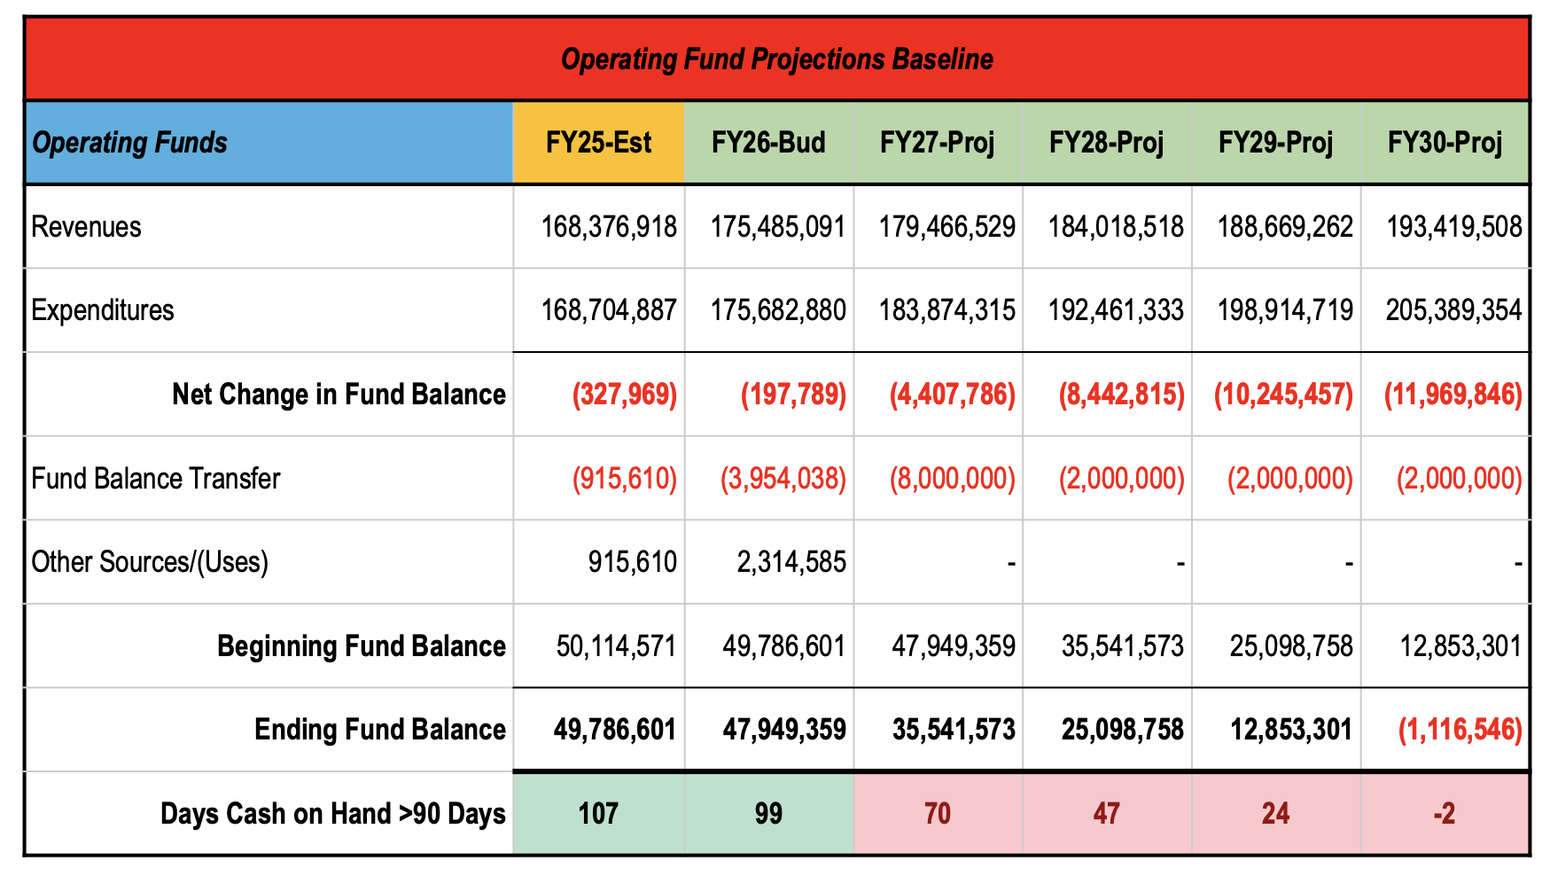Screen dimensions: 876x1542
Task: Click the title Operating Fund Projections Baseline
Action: tap(776, 59)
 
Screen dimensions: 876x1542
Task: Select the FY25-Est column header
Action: tap(598, 143)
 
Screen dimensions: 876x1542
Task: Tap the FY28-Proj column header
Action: tap(1106, 143)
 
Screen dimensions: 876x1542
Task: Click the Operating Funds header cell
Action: tap(130, 143)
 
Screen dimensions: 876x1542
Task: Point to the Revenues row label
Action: tap(86, 227)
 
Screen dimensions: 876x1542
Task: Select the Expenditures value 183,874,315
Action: tap(946, 310)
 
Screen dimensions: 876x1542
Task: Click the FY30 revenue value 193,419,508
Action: tap(1453, 227)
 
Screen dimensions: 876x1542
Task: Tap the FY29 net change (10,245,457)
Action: tap(1283, 395)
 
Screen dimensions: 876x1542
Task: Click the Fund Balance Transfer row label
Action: tap(156, 479)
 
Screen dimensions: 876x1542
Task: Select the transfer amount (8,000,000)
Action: tap(952, 479)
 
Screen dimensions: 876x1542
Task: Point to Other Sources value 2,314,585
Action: tap(790, 562)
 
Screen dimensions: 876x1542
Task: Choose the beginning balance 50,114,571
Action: tap(616, 646)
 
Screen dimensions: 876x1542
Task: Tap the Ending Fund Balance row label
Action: tap(379, 730)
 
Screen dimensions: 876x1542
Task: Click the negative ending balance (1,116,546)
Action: tap(1460, 730)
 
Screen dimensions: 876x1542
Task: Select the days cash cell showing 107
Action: tap(598, 814)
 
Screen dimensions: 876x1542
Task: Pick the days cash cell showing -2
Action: tap(1444, 814)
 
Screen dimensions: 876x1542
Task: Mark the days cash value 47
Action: tap(1106, 814)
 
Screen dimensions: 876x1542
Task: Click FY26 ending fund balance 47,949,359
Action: tap(783, 730)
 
